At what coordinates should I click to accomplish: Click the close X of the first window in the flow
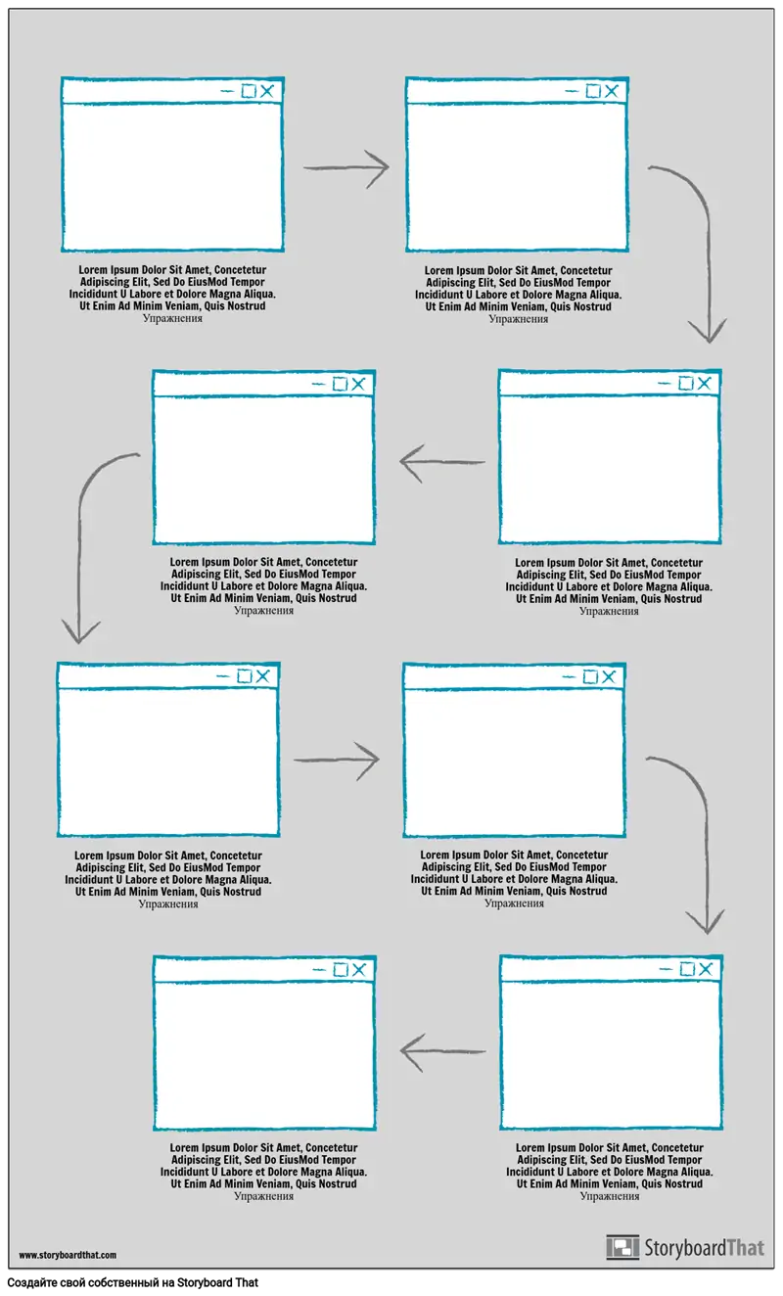pyautogui.click(x=267, y=91)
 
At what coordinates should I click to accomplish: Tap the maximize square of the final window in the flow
pyautogui.click(x=341, y=970)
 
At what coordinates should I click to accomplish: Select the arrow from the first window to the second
pyautogui.click(x=346, y=167)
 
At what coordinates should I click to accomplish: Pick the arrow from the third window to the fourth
pyautogui.click(x=442, y=462)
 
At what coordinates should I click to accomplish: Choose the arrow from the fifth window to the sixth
pyautogui.click(x=337, y=760)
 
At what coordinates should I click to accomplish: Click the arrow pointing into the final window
pyautogui.click(x=442, y=1051)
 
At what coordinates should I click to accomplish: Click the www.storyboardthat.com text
pyautogui.click(x=68, y=1255)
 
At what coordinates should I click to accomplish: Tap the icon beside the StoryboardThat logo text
pyautogui.click(x=622, y=1247)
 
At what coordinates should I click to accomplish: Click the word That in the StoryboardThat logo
pyautogui.click(x=746, y=1248)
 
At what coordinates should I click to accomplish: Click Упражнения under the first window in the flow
pyautogui.click(x=172, y=318)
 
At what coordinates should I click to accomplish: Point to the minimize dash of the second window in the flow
pyautogui.click(x=572, y=91)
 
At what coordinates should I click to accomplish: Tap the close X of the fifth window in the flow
pyautogui.click(x=262, y=676)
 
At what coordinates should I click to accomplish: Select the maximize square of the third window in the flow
pyautogui.click(x=686, y=383)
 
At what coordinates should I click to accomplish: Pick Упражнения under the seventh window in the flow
pyautogui.click(x=610, y=1196)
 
